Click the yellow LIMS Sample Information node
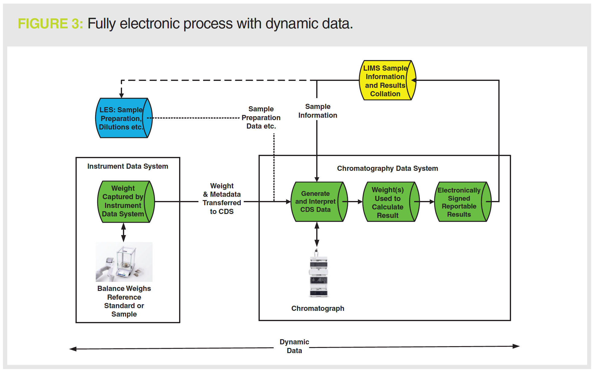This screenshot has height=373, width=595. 385,81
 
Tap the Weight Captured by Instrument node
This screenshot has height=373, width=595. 123,201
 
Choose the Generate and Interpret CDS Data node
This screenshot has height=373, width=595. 316,202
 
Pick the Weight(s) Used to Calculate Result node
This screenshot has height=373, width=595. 388,202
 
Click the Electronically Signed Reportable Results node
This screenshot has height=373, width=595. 459,202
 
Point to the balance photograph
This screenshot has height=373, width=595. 124,262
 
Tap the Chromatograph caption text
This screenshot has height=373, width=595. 318,308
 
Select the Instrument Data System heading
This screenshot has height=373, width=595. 128,166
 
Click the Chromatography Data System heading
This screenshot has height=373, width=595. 388,168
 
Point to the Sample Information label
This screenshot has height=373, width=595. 318,111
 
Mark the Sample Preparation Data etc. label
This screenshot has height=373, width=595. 261,118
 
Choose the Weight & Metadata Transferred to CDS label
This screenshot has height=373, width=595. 222,199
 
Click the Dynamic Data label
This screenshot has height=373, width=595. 294,346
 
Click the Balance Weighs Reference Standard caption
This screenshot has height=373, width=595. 124,301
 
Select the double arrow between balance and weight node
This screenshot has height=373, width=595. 124,232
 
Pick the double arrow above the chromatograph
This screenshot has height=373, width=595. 317,234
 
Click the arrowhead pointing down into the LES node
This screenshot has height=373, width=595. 121,95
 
